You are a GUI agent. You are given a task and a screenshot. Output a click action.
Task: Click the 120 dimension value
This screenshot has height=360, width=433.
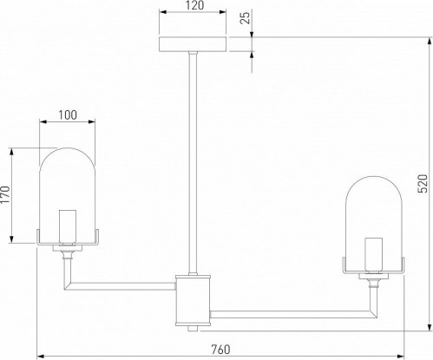(195, 5)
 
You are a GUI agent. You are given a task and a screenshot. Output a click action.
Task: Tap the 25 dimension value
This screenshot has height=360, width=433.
(246, 18)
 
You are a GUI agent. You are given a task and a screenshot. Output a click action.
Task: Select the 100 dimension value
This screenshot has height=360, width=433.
(68, 115)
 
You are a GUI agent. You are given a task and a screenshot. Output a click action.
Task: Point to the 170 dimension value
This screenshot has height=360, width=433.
(5, 195)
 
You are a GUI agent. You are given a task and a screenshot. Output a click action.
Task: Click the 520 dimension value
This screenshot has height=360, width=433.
(423, 183)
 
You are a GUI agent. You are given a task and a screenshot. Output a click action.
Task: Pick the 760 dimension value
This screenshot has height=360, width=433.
(221, 350)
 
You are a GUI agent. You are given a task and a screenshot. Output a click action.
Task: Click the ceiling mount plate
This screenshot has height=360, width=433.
(193, 44)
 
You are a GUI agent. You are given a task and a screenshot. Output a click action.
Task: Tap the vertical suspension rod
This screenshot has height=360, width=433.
(193, 163)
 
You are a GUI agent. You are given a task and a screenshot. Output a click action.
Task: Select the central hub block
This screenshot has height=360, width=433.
(193, 300)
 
